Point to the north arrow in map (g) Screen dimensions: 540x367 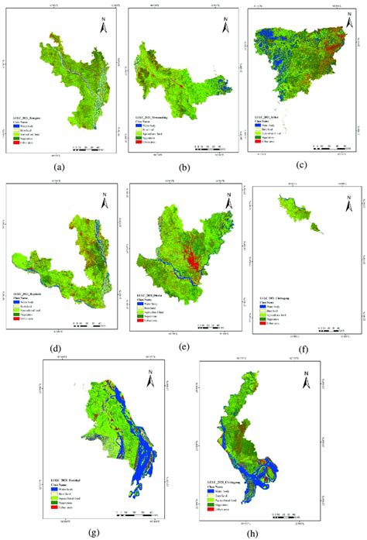151,379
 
